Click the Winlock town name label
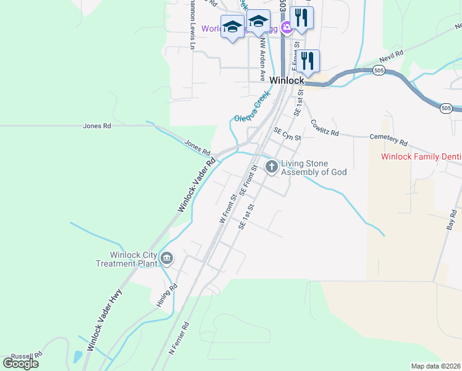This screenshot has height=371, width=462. click(x=287, y=81)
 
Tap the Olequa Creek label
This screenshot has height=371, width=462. click(x=252, y=107)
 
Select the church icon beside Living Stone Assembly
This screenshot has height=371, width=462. click(x=272, y=166)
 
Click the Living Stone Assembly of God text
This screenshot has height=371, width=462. click(x=314, y=168)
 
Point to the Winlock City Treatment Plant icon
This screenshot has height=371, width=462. click(x=166, y=258)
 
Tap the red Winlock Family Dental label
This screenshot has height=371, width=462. click(x=421, y=157)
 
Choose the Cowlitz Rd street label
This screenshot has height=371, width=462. click(x=325, y=127)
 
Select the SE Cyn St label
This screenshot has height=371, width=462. click(x=287, y=134)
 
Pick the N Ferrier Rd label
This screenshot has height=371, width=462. click(x=178, y=338)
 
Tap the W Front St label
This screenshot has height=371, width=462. click(x=228, y=209)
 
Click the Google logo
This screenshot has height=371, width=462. click(x=20, y=363)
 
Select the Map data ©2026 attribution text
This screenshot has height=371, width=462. click(x=435, y=366)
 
